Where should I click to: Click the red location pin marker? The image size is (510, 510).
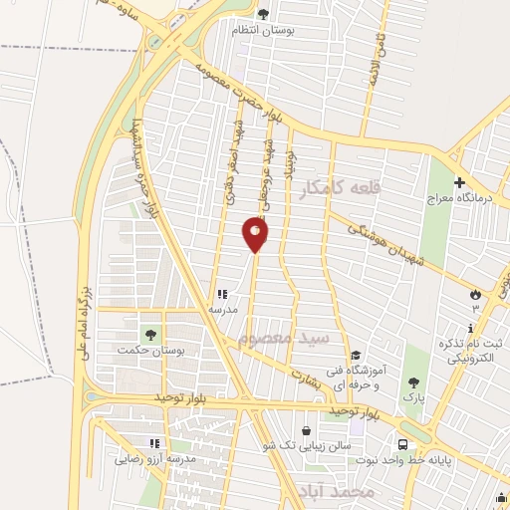tap(256, 234)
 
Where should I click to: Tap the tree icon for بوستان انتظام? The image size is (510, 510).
tap(263, 14)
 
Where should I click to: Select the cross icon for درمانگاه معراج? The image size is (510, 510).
tap(459, 183)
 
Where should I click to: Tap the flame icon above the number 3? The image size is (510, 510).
tap(475, 294)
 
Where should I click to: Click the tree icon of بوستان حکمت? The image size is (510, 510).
tap(149, 335)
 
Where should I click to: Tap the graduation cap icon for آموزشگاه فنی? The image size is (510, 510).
tap(355, 356)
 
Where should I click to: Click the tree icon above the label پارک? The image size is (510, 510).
tap(412, 382)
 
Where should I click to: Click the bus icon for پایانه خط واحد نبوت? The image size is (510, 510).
tap(401, 445)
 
